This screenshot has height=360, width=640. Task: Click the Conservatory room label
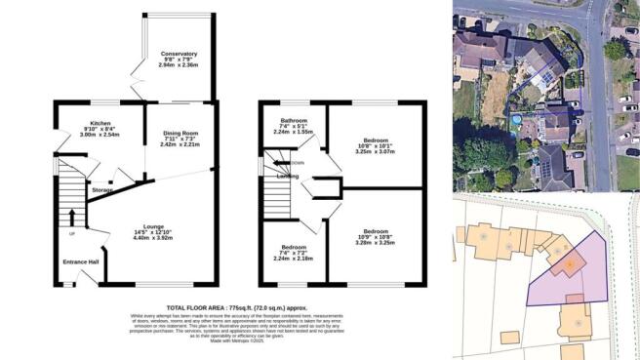tap(179, 53)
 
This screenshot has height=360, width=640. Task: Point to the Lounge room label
tap(152, 225)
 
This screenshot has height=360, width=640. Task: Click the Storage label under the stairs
tap(101, 190)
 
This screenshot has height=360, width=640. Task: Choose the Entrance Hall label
tap(82, 262)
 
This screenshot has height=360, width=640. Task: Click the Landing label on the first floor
tap(288, 177)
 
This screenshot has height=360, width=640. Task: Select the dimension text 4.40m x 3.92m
tap(151, 237)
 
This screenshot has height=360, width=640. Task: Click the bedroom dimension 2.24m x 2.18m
tap(294, 259)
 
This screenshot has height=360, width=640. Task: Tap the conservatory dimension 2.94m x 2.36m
tap(179, 65)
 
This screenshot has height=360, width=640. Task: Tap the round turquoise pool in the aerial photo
tap(516, 120)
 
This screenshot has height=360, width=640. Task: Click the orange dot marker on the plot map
tap(568, 265)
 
